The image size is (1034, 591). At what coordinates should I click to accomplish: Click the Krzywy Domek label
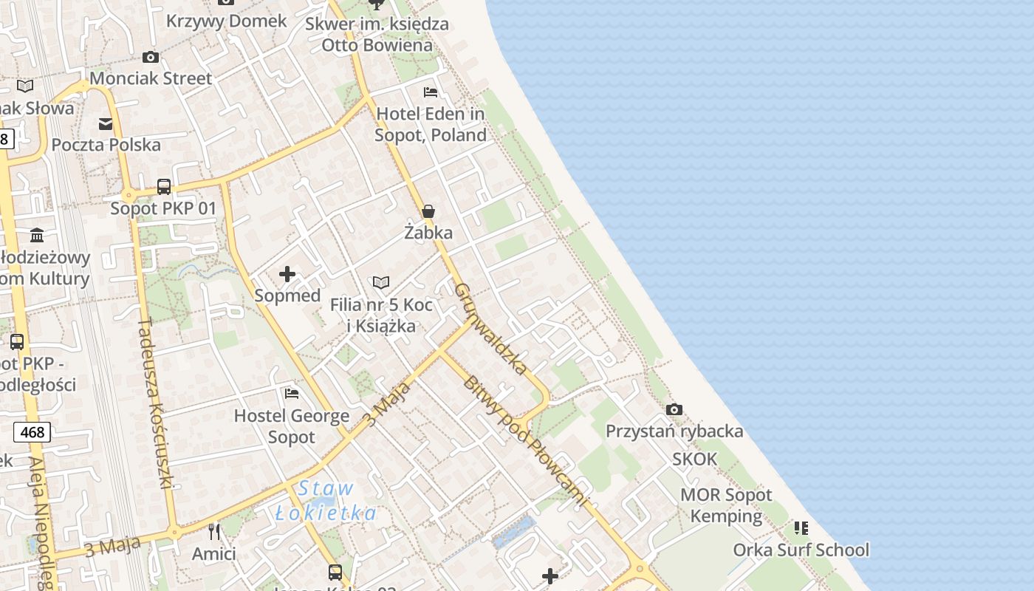tap(226, 21)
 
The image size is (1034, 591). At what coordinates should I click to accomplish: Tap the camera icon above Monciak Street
tap(150, 57)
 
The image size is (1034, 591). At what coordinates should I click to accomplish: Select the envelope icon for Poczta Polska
tap(106, 123)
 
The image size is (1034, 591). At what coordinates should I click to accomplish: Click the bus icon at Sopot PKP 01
tap(164, 187)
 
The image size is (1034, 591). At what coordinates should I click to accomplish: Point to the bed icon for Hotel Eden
tap(431, 92)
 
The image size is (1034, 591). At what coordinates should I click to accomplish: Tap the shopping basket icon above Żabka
tap(428, 211)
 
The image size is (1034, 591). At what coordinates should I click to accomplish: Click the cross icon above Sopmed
tap(287, 275)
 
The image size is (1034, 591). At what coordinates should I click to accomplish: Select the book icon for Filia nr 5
tap(381, 282)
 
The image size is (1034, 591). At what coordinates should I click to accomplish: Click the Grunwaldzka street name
tap(491, 328)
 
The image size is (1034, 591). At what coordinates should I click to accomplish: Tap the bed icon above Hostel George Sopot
tap(292, 394)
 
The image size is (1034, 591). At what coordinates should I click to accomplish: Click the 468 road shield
tap(32, 432)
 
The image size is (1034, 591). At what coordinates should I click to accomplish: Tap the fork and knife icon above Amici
tap(214, 531)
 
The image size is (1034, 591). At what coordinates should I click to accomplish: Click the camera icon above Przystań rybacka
tap(674, 409)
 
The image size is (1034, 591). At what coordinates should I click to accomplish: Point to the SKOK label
tap(694, 459)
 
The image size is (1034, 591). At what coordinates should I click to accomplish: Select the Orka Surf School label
tap(801, 550)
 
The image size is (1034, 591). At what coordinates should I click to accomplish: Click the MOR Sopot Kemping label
tap(725, 505)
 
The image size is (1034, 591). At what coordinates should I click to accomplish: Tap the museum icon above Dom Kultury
tap(37, 236)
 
